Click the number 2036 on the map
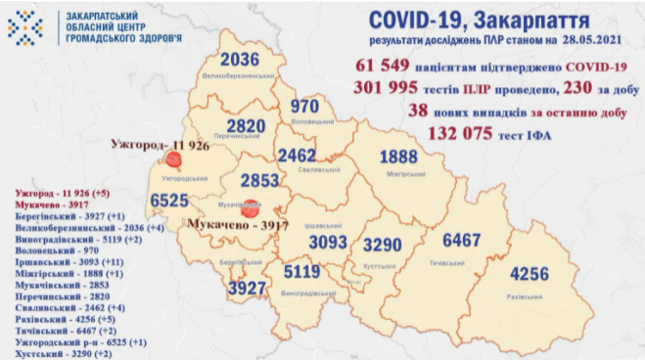click(x=240, y=61)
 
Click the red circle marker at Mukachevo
click(x=250, y=207)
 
